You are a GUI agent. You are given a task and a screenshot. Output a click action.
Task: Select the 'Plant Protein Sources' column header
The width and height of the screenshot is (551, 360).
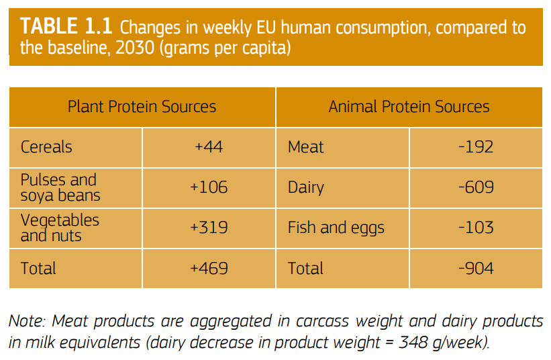tap(142, 107)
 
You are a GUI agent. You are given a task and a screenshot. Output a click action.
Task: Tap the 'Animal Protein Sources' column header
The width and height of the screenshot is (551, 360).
tap(409, 107)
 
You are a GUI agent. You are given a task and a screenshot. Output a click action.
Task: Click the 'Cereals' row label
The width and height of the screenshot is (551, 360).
tap(46, 147)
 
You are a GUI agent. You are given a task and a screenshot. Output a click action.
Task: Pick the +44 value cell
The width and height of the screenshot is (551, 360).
tap(209, 147)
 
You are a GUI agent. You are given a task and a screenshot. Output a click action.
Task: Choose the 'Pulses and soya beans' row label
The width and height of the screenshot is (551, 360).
tap(60, 187)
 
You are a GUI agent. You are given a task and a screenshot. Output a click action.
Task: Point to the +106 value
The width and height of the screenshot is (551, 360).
tap(209, 187)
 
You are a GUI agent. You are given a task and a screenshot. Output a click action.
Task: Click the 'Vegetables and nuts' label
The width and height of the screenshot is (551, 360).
tap(60, 228)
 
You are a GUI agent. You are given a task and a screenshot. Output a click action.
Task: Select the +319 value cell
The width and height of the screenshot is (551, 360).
tap(209, 228)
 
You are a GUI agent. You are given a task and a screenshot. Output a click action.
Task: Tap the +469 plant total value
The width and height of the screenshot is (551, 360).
tap(209, 269)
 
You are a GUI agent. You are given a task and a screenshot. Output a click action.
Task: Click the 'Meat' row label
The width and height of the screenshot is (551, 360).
tap(306, 147)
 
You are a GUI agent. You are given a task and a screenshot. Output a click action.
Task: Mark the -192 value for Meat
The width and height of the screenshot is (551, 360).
tap(476, 147)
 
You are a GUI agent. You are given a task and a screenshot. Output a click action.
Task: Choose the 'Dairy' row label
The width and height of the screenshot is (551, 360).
tap(307, 187)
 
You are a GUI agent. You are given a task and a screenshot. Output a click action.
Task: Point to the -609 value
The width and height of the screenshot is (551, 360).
tap(476, 187)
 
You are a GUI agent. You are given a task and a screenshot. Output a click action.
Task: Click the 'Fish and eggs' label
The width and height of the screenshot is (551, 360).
tap(336, 228)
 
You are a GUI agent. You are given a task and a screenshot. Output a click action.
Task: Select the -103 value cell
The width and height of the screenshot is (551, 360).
tap(476, 228)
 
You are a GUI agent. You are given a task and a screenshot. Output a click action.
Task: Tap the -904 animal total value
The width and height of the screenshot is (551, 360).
tap(476, 269)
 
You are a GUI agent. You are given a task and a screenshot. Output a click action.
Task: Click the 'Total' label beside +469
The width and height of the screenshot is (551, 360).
tap(38, 269)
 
